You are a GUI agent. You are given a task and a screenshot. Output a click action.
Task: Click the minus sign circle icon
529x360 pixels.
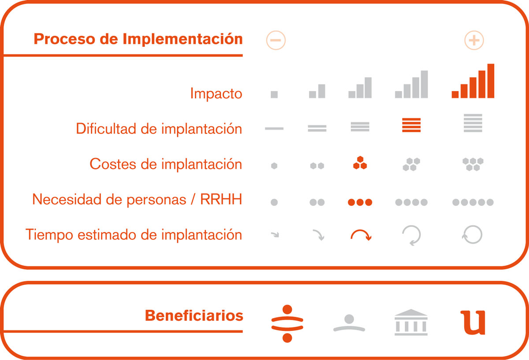click(276, 40)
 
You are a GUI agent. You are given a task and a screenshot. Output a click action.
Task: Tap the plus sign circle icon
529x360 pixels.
click(474, 40)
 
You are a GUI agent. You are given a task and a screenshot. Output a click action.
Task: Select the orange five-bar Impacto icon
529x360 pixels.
click(473, 81)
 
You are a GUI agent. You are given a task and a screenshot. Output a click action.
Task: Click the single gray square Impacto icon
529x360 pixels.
click(274, 94)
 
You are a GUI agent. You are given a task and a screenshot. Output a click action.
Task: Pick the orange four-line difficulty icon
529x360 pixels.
click(411, 125)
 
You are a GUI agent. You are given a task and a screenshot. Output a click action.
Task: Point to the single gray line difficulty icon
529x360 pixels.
click(274, 128)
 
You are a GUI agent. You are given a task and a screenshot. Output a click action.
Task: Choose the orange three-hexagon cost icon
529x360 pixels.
click(360, 163)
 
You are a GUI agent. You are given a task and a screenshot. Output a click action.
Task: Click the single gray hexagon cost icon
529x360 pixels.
click(274, 166)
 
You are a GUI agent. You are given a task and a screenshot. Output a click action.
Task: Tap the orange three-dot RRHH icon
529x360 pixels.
click(360, 202)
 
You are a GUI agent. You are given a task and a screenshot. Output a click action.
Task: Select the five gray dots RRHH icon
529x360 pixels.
click(473, 202)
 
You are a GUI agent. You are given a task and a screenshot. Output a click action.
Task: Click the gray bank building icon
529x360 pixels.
click(411, 322)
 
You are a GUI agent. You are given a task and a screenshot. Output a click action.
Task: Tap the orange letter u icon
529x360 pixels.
click(473, 322)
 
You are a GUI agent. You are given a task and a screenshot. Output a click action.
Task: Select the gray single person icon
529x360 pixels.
click(349, 323)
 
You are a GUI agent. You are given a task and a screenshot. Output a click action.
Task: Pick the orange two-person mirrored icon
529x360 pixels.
click(287, 323)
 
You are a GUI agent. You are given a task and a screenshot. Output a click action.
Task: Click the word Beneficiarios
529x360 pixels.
click(194, 315)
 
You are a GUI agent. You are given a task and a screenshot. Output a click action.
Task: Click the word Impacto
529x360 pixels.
click(216, 94)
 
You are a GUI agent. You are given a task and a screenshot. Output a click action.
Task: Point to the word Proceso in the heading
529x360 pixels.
click(64, 39)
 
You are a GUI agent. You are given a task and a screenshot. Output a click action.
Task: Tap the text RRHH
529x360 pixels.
click(221, 199)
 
